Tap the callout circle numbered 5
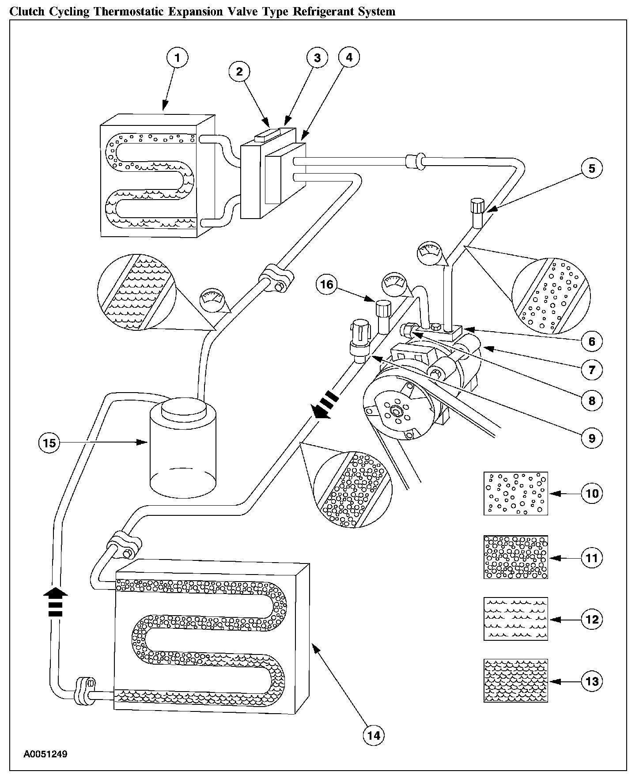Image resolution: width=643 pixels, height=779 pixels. click(592, 168)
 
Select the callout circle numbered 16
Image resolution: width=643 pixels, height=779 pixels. click(327, 284)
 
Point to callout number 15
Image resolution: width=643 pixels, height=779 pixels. click(49, 442)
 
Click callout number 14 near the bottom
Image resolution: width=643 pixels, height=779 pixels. click(374, 735)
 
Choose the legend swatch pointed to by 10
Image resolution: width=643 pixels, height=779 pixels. click(516, 493)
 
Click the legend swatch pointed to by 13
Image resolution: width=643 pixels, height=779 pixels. click(516, 681)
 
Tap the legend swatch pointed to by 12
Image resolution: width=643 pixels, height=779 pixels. click(516, 619)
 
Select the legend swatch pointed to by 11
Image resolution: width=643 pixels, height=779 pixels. click(516, 557)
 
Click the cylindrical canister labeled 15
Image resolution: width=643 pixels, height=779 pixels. click(183, 446)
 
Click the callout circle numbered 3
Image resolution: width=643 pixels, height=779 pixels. click(317, 58)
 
